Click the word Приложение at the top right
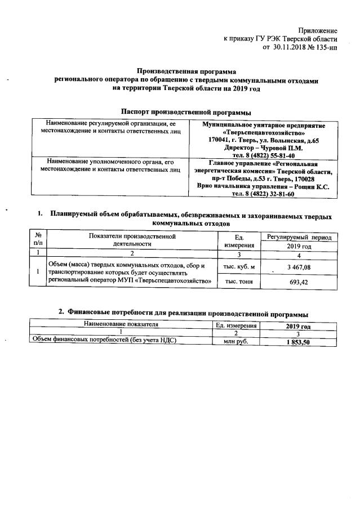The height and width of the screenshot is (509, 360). (318, 30)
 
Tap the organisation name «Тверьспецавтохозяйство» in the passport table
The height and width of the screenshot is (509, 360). (264, 132)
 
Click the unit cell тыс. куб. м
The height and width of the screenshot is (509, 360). (239, 266)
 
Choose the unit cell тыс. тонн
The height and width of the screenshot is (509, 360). (239, 282)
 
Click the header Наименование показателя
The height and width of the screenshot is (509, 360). (121, 325)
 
